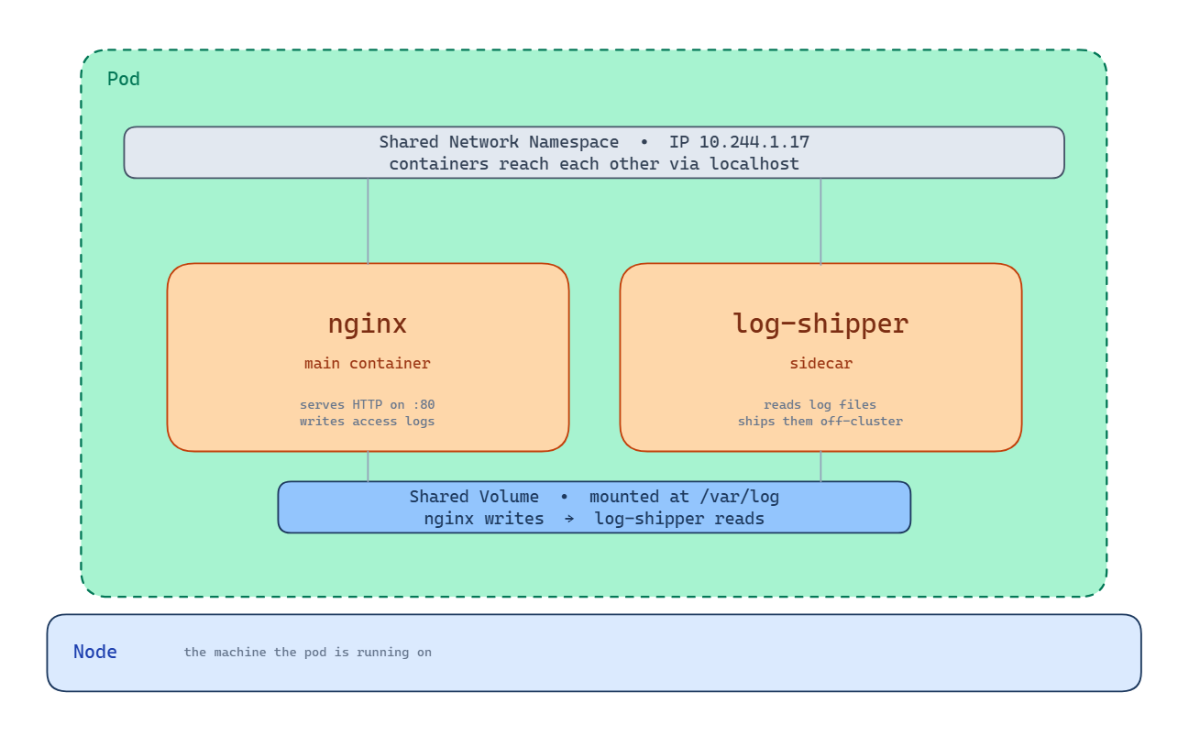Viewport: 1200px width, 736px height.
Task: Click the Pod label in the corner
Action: (x=124, y=79)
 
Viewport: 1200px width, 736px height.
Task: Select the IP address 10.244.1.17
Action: (x=754, y=142)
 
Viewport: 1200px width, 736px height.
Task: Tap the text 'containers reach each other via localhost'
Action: (x=594, y=164)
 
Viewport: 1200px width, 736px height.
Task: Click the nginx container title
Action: (x=368, y=324)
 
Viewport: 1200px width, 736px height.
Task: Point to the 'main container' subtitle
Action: (x=368, y=364)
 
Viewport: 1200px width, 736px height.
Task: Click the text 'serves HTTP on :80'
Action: (x=368, y=404)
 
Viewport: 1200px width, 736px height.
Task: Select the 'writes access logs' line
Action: (x=368, y=422)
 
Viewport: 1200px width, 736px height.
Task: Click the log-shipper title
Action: (x=820, y=324)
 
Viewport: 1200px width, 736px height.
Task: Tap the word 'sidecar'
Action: (x=820, y=364)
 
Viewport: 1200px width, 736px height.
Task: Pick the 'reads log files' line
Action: (x=820, y=404)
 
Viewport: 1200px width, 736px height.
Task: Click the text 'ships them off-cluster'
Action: (x=820, y=422)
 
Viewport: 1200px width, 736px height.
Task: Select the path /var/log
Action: (x=739, y=497)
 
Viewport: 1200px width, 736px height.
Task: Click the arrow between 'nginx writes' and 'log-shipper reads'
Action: (x=568, y=519)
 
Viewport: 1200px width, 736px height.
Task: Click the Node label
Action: (x=95, y=652)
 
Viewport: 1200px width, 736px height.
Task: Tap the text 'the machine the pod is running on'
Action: (x=307, y=653)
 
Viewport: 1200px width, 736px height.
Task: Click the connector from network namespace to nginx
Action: (x=368, y=221)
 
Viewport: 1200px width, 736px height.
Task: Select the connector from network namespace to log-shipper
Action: (x=820, y=221)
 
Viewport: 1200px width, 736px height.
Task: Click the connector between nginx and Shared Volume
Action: (x=368, y=467)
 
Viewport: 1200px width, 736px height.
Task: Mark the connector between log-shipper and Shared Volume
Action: (x=820, y=467)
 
